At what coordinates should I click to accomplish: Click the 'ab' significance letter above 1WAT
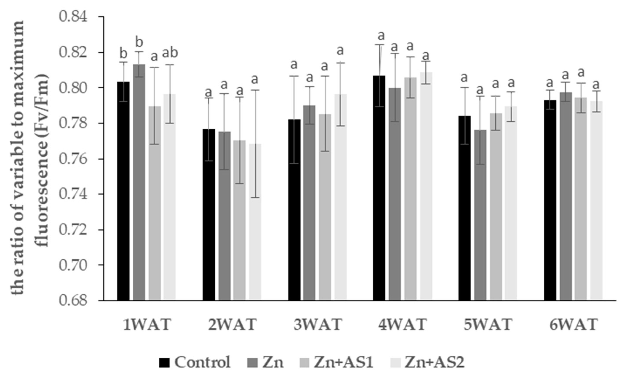click(x=170, y=53)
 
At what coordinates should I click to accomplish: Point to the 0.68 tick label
click(x=73, y=301)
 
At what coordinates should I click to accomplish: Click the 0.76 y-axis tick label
click(x=73, y=159)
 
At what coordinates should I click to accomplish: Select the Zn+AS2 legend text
click(x=434, y=362)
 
